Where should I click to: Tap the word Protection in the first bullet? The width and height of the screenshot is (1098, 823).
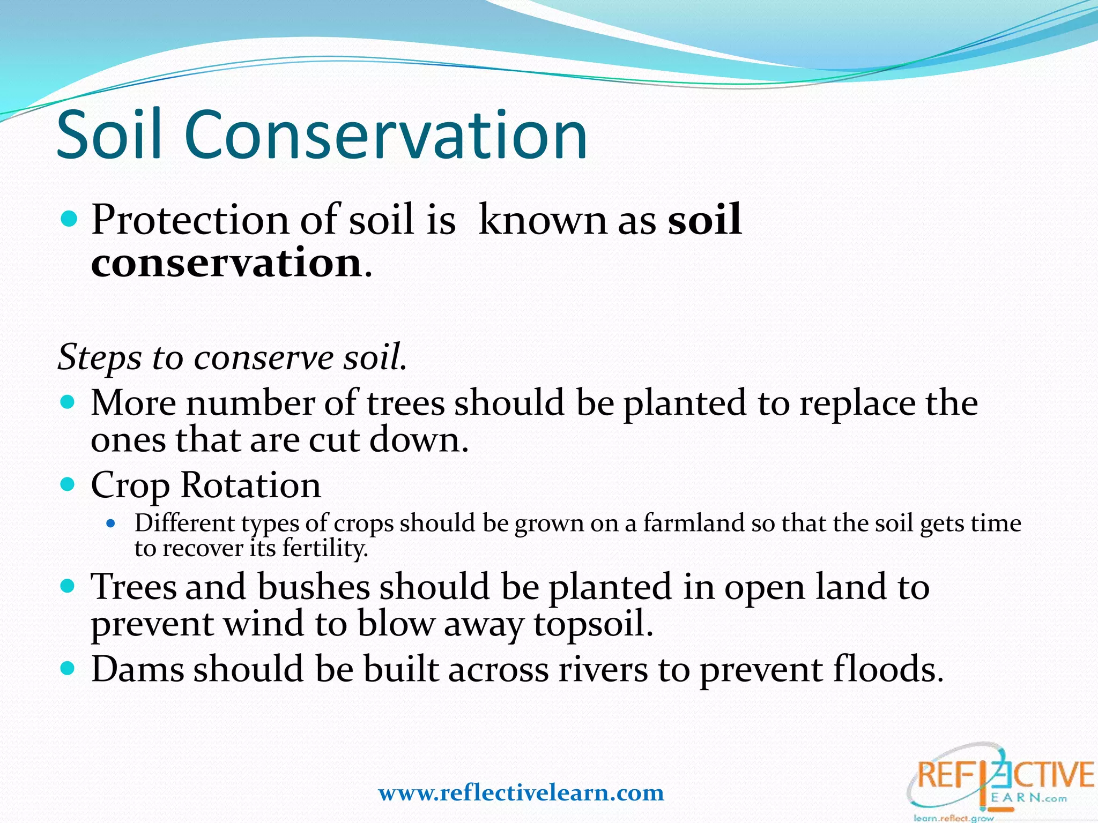coord(190,220)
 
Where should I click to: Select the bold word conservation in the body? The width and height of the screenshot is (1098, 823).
coord(227,263)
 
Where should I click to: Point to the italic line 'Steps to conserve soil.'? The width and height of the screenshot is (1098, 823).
coord(232,357)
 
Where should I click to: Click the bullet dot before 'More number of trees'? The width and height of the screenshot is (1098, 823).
coord(67,402)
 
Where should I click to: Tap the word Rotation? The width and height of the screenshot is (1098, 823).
coord(250,485)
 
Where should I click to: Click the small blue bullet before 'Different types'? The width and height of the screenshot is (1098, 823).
coord(111,523)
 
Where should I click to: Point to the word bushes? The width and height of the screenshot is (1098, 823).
coord(314,587)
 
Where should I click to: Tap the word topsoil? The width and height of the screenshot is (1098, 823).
coord(593,625)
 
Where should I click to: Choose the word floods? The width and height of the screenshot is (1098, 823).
coord(887,670)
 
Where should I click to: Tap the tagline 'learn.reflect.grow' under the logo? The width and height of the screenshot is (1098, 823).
coord(953,818)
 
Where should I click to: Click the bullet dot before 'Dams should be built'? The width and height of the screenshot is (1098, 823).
coord(67,669)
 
